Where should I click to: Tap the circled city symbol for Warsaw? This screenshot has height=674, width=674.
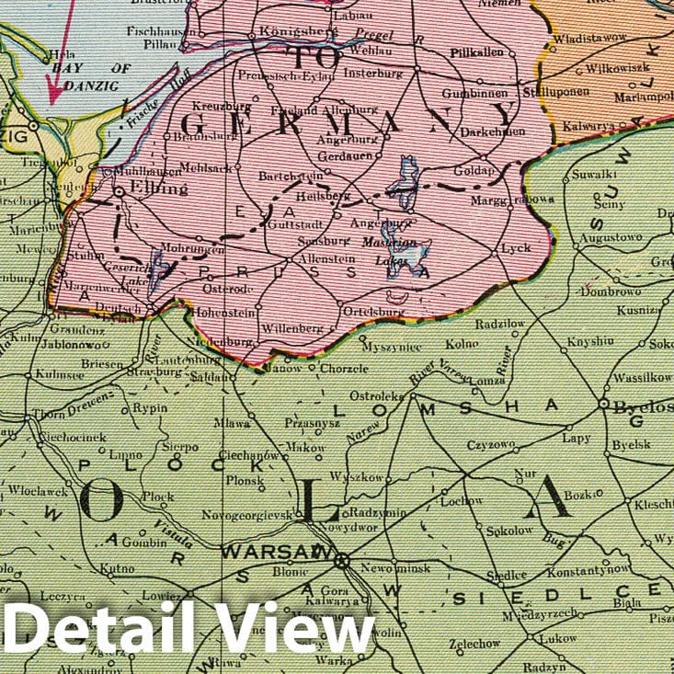coord(342,559)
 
